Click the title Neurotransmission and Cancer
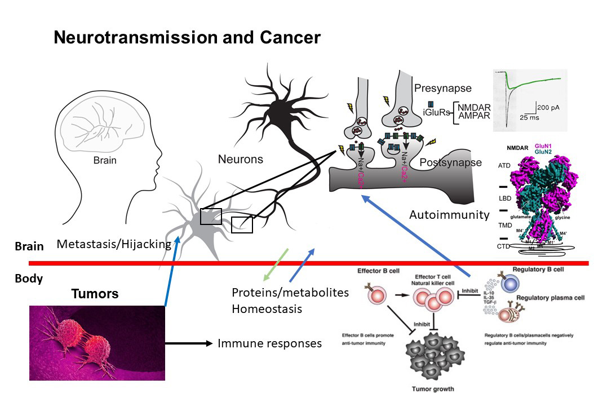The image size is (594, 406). coord(187,38)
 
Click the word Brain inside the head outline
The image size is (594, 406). coord(105,160)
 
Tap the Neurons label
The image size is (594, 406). coord(241,160)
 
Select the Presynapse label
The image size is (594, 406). coord(442,88)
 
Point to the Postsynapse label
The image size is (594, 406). coord(451,162)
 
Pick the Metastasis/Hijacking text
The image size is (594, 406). coord(114,244)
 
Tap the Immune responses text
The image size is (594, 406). coord(270,343)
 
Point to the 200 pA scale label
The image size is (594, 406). coord(550,107)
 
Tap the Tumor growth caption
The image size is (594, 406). coord(432,389)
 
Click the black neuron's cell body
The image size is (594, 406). coord(278,116)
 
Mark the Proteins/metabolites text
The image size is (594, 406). coord(290,293)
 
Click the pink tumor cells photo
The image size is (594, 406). coord(97,343)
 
